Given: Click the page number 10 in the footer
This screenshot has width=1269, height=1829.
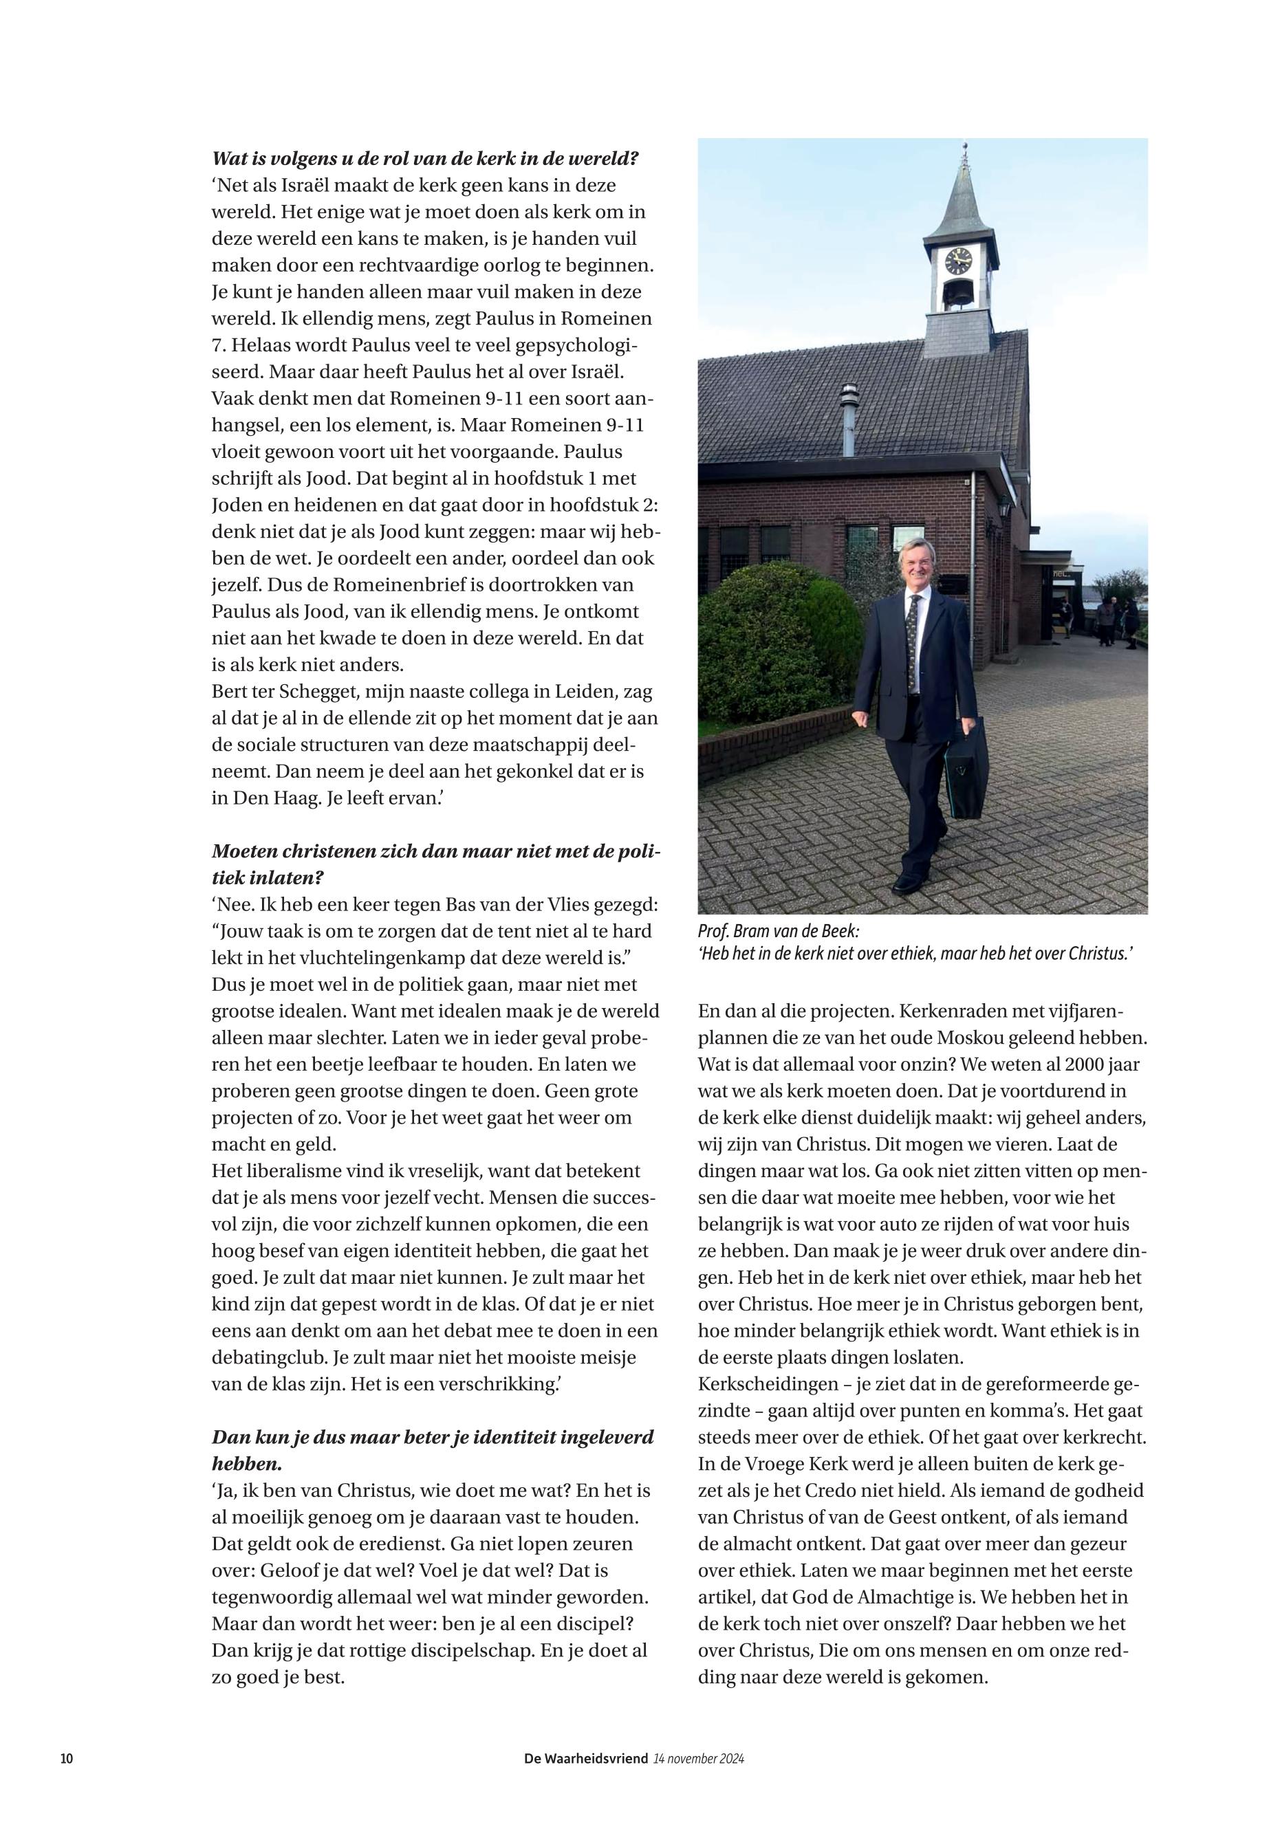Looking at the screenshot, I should click(67, 1758).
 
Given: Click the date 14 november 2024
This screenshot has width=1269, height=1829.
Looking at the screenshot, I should click(698, 1758).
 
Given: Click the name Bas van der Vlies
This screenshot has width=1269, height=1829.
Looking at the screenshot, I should click(534, 905).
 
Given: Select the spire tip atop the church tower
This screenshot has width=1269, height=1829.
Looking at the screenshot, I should click(964, 151).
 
